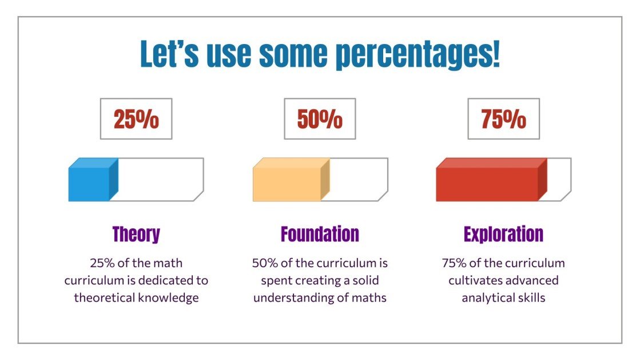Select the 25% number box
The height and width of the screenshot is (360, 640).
[136, 119]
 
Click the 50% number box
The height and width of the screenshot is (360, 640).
[320, 119]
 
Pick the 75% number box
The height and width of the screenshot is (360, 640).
[503, 119]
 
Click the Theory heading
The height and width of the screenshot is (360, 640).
[136, 234]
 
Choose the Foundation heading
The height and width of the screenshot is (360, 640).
[320, 234]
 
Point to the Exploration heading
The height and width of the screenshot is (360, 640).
[503, 234]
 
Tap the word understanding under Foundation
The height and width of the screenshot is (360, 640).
[292, 298]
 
